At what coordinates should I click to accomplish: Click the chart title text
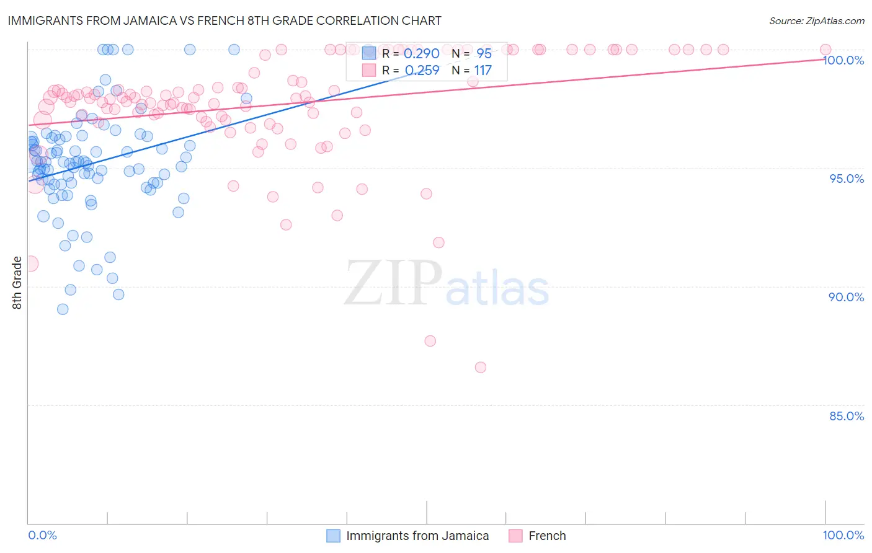click(x=225, y=20)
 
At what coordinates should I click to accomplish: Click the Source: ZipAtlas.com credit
click(x=816, y=20)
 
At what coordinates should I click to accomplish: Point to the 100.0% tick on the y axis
click(x=843, y=60)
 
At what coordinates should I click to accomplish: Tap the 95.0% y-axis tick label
click(x=847, y=179)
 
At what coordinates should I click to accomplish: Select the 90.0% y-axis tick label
click(x=847, y=297)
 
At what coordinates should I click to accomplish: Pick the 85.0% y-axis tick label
click(x=847, y=416)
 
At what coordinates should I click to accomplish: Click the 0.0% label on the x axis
click(x=42, y=535)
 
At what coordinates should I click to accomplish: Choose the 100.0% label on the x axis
click(x=843, y=535)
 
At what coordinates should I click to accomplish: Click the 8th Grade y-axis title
click(x=17, y=283)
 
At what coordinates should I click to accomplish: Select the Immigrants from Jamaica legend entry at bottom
click(x=417, y=536)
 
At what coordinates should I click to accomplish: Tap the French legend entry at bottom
click(x=546, y=536)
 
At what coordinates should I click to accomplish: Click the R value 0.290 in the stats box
click(x=421, y=54)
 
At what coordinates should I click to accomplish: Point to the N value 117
click(x=483, y=71)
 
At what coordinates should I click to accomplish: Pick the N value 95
click(x=484, y=54)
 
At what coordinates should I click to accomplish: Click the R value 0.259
click(x=422, y=71)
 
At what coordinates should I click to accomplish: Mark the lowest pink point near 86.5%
click(x=480, y=367)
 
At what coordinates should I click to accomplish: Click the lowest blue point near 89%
click(x=63, y=309)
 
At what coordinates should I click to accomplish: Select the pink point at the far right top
click(x=825, y=50)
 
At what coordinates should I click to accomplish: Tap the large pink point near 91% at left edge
click(x=29, y=263)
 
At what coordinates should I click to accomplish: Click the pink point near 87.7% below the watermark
click(x=430, y=341)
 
